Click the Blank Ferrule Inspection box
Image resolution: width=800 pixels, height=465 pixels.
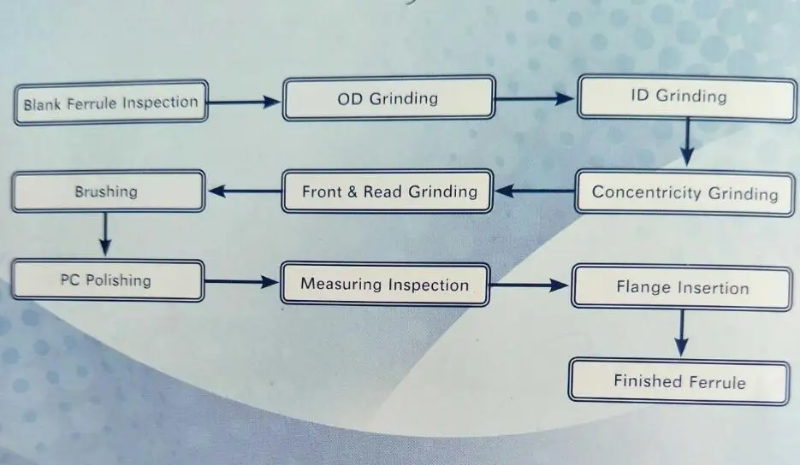[x=110, y=103]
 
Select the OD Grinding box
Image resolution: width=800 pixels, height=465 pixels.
[x=388, y=98]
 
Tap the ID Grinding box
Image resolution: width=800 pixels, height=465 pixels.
[x=684, y=96]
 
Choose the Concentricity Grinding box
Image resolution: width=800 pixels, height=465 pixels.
[x=684, y=192]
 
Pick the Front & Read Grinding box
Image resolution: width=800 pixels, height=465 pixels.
[x=388, y=191]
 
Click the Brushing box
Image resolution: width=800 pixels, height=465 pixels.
[x=107, y=191]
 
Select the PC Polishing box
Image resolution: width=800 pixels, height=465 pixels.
[x=107, y=280]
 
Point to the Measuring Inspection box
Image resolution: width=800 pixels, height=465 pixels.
[x=385, y=285]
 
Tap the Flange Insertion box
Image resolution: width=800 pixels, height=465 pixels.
[x=680, y=287]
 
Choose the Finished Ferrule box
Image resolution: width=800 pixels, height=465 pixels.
[x=679, y=381]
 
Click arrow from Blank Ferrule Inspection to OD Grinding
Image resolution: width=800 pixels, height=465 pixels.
[x=244, y=103]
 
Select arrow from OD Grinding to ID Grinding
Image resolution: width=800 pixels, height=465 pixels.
[x=534, y=98]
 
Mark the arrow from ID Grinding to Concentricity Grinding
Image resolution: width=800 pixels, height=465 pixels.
[x=685, y=142]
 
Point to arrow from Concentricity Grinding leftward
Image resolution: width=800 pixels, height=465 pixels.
[x=534, y=191]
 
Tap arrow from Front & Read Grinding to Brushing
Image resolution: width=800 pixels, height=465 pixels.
[x=244, y=191]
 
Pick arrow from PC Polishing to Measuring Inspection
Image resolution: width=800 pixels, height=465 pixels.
[x=243, y=281]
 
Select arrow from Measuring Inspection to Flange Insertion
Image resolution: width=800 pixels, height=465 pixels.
[x=530, y=285]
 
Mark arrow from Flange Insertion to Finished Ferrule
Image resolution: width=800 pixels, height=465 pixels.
[x=681, y=333]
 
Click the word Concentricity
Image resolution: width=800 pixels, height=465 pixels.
[x=647, y=192]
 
